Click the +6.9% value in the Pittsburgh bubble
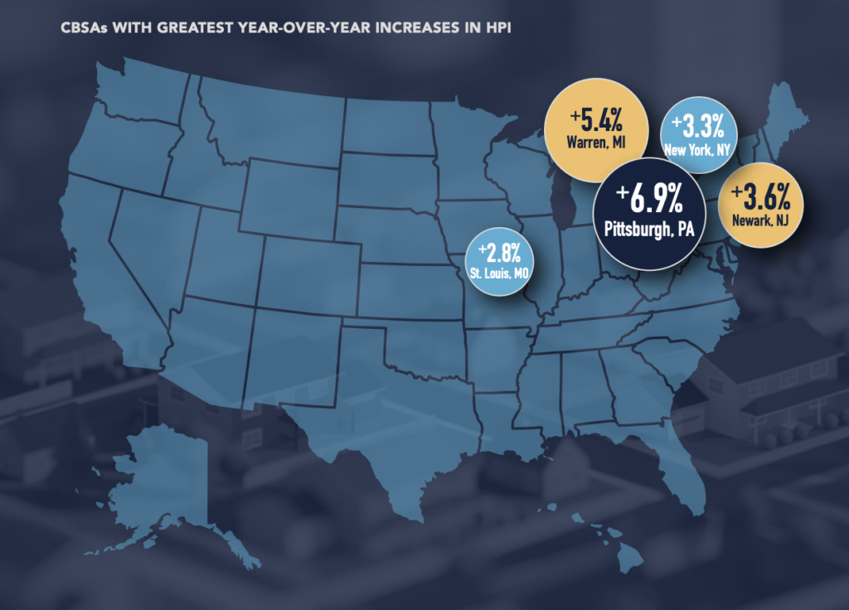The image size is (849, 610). pos(650,199)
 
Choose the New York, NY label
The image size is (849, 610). pos(697,150)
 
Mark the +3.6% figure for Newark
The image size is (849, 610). pos(761,198)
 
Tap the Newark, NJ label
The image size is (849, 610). pos(761,221)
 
